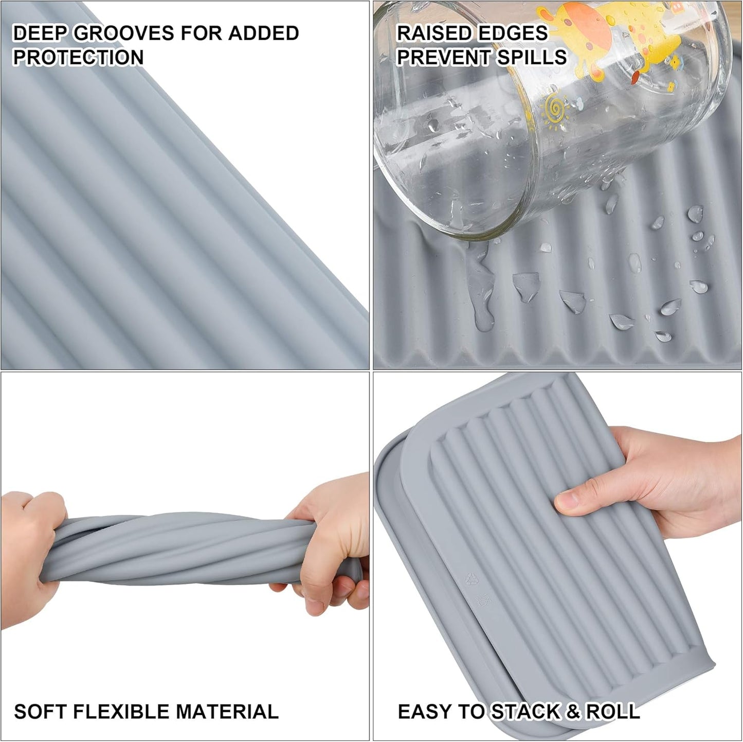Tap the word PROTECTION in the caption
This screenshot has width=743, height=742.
(78, 58)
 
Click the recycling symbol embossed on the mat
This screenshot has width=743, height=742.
(469, 579)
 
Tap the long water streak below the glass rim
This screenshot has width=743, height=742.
(480, 288)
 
